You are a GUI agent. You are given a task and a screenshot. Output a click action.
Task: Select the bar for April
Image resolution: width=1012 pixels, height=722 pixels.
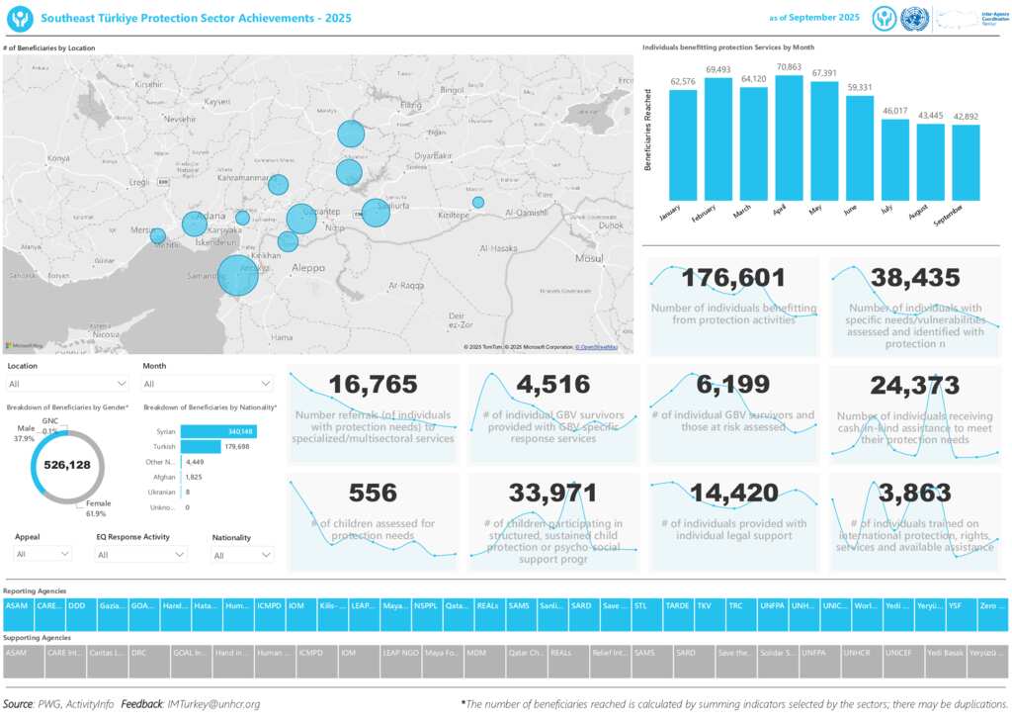coord(789,138)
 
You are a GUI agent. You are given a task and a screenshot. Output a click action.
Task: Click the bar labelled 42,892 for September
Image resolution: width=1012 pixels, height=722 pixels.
coord(966,162)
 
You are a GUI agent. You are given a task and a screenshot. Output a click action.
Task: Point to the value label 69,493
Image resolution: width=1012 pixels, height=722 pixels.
coord(717,70)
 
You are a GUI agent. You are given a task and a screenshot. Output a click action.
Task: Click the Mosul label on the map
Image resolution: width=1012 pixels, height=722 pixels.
coord(589,258)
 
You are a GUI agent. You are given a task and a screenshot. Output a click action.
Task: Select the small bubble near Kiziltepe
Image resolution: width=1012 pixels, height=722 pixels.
coord(478,203)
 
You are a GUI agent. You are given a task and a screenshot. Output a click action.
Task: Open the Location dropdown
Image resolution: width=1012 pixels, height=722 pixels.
coord(66,384)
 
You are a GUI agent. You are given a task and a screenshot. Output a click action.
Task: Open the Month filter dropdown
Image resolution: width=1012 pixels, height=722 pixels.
coord(208,384)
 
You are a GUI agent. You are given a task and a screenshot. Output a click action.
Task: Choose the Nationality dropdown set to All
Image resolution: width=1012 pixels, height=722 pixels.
coord(242,555)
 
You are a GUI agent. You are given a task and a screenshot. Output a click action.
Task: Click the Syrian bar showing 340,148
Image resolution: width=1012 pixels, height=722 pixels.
coord(217,431)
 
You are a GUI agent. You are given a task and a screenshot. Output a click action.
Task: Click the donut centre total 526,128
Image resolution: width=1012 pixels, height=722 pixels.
coord(67,465)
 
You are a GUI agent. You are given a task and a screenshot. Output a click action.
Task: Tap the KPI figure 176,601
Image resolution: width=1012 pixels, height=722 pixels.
coord(732,279)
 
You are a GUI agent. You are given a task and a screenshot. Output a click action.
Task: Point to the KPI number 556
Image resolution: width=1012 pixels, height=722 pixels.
coord(373,493)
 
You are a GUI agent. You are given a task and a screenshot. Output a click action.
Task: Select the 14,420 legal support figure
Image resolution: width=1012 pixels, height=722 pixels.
coord(733,493)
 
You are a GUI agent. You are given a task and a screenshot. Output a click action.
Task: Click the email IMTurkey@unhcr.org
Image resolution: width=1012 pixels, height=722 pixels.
coord(213,704)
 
